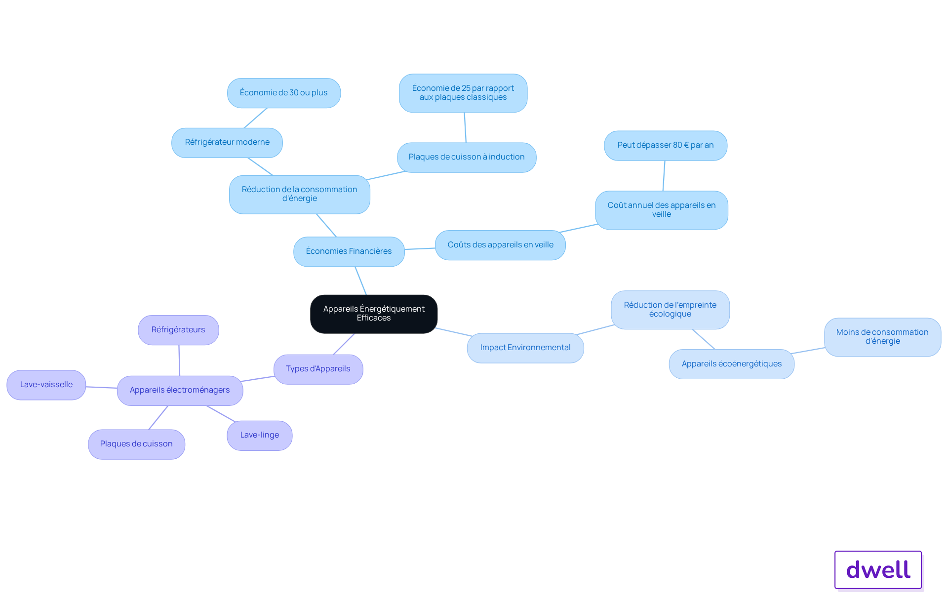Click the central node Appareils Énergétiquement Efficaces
pos(374,314)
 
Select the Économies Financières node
pos(349,251)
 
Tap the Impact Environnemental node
pos(525,348)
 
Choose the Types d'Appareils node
pos(318,369)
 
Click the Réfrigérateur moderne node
pos(227,143)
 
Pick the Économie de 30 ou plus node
pos(284,93)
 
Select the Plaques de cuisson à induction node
pos(467,158)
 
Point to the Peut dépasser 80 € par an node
pos(666,146)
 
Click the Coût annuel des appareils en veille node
pos(662,210)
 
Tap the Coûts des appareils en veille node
pos(500,245)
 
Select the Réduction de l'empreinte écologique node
pos(670,310)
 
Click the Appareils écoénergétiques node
pos(732,364)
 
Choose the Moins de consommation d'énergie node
pos(882,337)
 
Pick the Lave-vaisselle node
pos(46,385)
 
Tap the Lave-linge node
pos(260,436)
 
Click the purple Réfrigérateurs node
pos(178,330)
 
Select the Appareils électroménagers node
pos(180,391)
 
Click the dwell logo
pos(878,570)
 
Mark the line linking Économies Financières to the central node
pos(361,281)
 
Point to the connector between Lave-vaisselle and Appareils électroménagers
pos(102,388)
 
